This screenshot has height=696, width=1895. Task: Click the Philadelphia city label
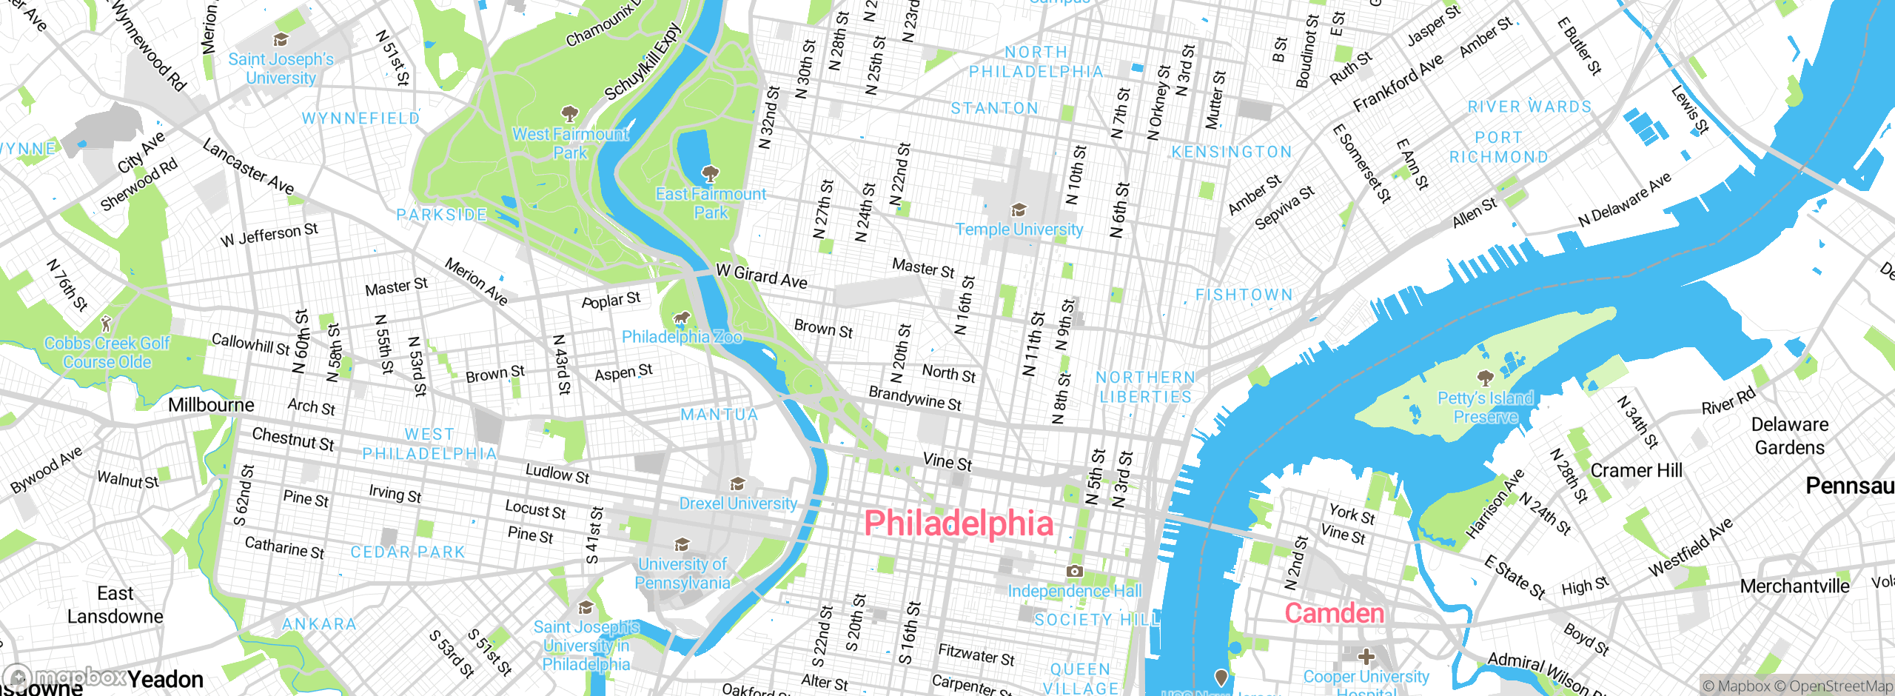coord(959,523)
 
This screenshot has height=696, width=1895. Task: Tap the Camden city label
coord(1334,613)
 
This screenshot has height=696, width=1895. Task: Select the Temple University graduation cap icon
coord(1019,210)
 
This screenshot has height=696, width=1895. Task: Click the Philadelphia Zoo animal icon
coord(681,319)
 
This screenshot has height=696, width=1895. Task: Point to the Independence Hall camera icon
coord(1074,571)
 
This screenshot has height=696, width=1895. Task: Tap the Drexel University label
coord(738,503)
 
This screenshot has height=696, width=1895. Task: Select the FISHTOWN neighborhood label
coord(1244,295)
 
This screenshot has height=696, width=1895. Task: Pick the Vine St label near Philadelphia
coord(947,462)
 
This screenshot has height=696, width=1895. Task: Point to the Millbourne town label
coord(211,405)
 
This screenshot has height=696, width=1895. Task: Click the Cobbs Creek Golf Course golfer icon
coord(106,324)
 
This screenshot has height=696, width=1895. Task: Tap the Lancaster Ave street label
coord(249,167)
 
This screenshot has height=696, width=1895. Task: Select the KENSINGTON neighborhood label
coord(1232,152)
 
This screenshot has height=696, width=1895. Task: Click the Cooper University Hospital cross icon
coord(1366,657)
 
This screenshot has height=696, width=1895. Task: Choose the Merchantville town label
coord(1794,586)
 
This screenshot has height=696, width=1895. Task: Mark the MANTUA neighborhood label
coord(720,415)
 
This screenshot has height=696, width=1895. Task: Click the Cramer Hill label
coord(1637,471)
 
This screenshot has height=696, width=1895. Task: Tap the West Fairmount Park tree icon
coord(569,114)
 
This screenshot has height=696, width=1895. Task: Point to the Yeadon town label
coord(165,679)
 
